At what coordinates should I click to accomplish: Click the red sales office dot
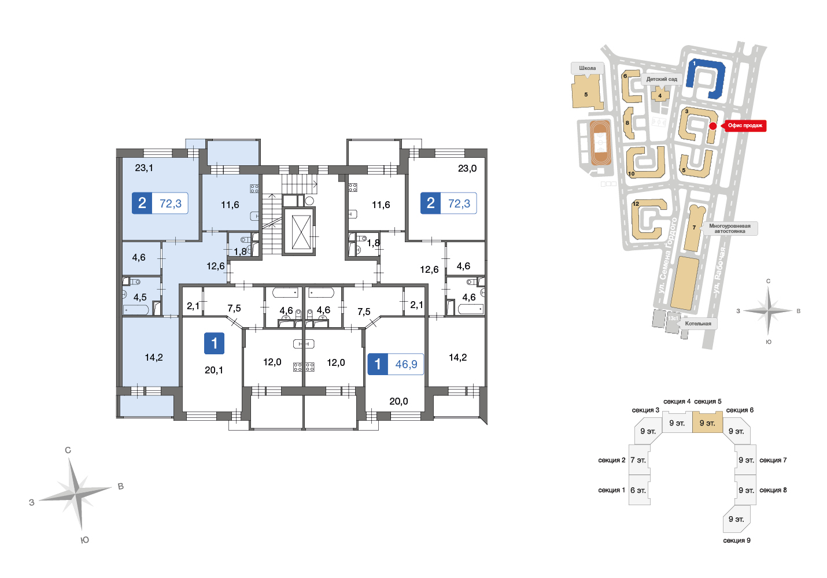[713, 126]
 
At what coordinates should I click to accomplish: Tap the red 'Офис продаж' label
[744, 126]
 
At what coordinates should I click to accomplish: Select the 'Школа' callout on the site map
[588, 68]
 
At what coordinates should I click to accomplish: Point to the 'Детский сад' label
[662, 79]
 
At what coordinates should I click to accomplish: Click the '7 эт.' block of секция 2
[639, 460]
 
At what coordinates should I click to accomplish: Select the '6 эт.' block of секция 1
[639, 490]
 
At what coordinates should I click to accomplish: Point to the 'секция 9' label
[737, 540]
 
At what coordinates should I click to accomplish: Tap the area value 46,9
[406, 364]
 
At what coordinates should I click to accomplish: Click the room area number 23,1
[144, 168]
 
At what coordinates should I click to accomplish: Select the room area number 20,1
[214, 370]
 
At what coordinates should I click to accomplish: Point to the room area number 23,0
[467, 168]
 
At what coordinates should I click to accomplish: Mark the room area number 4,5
[140, 297]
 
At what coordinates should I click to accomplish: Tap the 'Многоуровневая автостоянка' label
[729, 228]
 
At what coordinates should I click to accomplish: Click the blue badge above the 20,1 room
[214, 343]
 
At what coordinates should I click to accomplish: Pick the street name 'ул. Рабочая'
[719, 270]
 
